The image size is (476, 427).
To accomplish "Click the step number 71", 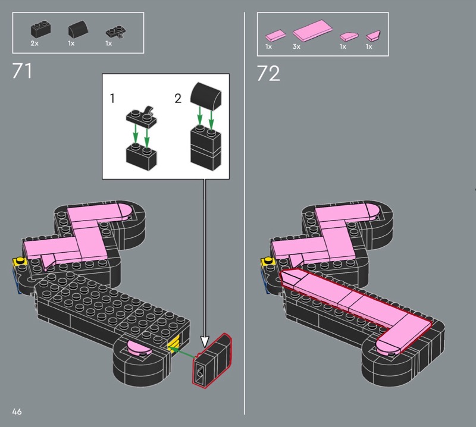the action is click(x=22, y=71).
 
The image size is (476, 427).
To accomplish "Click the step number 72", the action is click(x=268, y=73).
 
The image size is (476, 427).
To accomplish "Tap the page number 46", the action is click(x=17, y=412).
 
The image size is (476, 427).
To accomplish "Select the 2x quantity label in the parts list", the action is click(x=35, y=43).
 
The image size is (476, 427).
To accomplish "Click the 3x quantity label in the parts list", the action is click(x=296, y=46).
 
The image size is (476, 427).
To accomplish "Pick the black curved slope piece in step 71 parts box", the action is click(x=79, y=29).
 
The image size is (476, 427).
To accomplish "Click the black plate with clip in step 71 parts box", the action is click(x=115, y=32).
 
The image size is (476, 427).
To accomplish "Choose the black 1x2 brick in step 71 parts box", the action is click(x=40, y=29).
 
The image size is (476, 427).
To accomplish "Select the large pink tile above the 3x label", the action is click(x=313, y=30).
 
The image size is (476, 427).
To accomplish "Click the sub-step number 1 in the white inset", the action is click(x=112, y=98).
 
